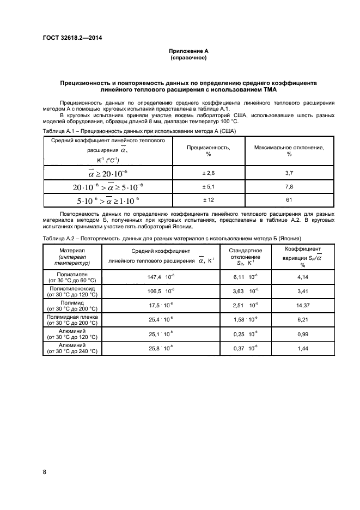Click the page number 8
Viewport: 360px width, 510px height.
pyautogui.click(x=45, y=471)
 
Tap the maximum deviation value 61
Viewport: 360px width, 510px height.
pyautogui.click(x=289, y=200)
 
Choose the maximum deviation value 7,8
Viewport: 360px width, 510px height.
pyautogui.click(x=289, y=186)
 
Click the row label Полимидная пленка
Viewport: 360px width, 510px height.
pyautogui.click(x=72, y=315)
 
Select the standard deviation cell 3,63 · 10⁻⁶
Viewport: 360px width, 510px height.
pyautogui.click(x=245, y=291)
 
